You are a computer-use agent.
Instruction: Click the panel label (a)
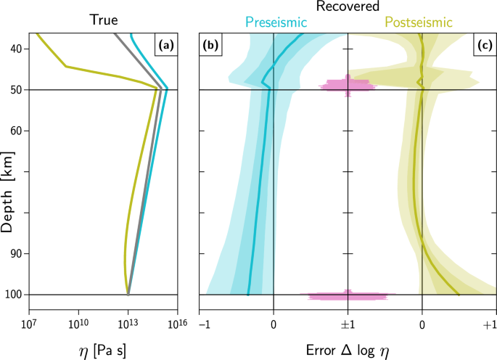[165, 46]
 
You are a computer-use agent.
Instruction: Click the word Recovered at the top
[348, 7]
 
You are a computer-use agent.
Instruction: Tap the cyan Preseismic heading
[274, 22]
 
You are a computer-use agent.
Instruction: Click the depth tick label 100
[15, 295]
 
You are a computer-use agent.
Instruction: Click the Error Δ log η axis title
[348, 349]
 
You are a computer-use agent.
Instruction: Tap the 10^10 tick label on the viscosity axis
[78, 323]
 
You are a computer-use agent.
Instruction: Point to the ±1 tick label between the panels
[348, 324]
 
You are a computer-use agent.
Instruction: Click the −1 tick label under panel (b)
[204, 324]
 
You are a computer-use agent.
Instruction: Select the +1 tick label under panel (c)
[490, 324]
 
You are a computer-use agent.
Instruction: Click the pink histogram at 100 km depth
[348, 295]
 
